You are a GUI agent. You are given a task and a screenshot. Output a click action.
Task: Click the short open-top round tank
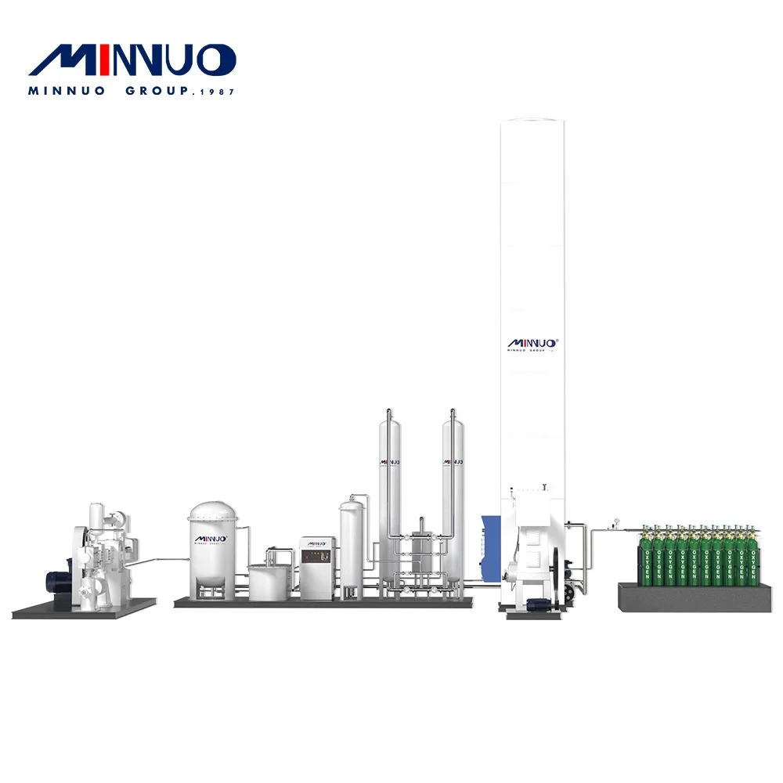click(269, 581)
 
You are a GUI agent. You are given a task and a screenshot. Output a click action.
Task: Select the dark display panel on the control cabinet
click(316, 557)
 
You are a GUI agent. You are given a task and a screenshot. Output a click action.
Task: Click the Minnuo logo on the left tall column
click(389, 462)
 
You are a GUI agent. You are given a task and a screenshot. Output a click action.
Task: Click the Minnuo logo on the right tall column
click(453, 462)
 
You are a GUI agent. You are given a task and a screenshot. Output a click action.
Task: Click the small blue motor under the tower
click(537, 604)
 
